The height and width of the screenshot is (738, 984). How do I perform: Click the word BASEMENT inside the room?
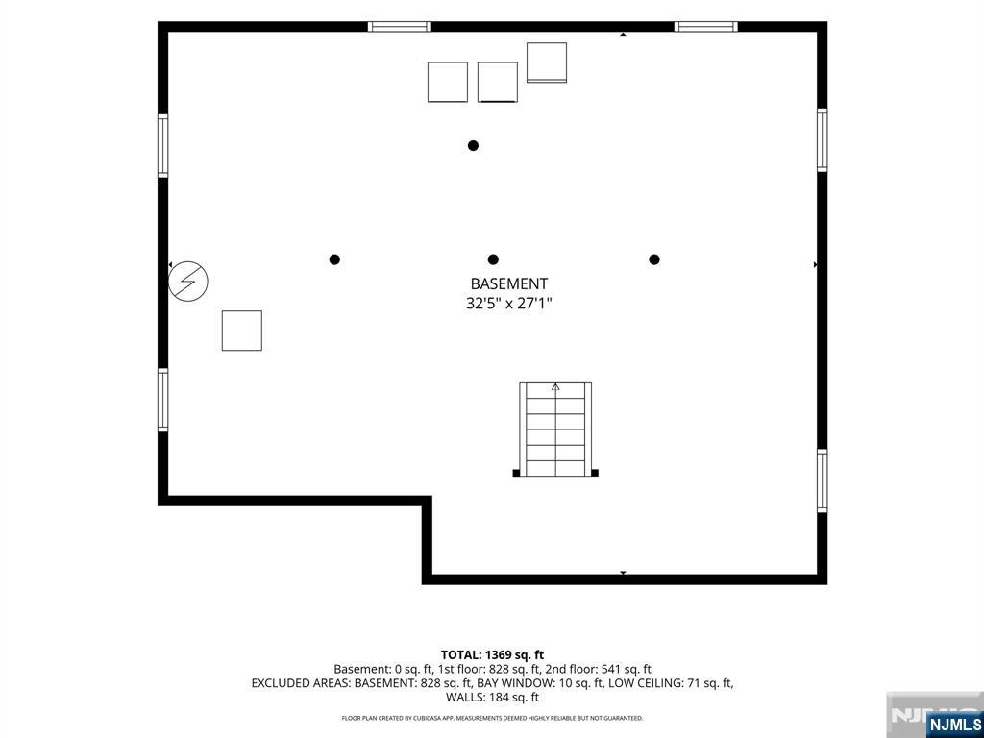coord(509,283)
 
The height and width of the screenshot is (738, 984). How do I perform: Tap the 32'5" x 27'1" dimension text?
coord(509,304)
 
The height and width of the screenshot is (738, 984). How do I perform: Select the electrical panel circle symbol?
coord(188,281)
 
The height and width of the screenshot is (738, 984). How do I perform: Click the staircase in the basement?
coord(555,430)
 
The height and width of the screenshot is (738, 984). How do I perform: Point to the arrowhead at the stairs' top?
coord(555,387)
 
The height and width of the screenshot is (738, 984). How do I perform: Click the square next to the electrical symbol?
coord(241,331)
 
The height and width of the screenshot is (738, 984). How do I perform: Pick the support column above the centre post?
coord(473,146)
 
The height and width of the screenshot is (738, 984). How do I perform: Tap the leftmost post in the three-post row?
coord(334,259)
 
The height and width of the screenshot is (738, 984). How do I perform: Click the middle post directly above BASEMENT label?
coord(493,259)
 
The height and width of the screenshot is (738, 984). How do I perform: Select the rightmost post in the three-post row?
coord(654,259)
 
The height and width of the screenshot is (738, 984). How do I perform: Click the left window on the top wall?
coord(399,26)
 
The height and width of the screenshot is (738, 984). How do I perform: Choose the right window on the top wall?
coord(706,26)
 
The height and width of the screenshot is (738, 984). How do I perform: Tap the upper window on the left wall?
coord(163,146)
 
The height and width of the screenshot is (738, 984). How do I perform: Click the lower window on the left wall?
coord(163,401)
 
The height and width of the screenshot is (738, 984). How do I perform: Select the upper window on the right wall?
coord(823,140)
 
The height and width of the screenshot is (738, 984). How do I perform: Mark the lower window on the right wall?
coord(823,480)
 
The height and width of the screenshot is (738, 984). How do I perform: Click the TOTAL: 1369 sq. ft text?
coord(492,655)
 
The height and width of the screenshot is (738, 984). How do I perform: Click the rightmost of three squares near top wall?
coord(547,62)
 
